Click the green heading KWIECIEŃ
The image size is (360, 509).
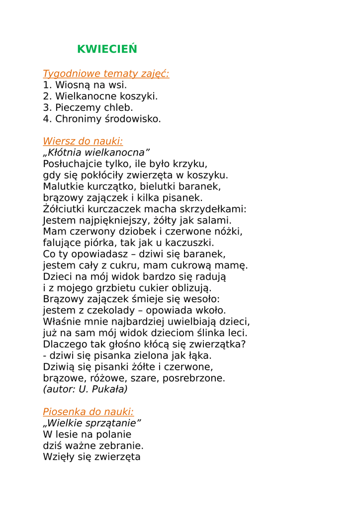(107, 49)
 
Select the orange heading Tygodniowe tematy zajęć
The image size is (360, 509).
(106, 74)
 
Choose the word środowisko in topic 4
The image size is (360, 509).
(135, 119)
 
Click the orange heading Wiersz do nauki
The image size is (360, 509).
(83, 141)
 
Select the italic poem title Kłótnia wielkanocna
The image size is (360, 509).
(96, 152)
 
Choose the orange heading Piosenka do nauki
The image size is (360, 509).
(88, 412)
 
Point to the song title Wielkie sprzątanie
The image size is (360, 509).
(92, 423)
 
